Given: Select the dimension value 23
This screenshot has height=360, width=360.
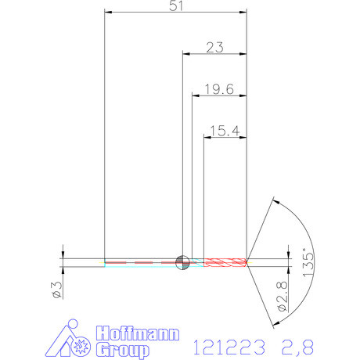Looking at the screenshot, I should (216, 46).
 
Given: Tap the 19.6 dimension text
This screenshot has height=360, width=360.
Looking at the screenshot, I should (218, 89).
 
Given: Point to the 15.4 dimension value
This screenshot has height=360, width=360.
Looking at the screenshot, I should (224, 131).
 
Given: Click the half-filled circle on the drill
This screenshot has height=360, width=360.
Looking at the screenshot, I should (182, 261).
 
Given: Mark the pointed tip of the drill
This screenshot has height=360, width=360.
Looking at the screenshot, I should (248, 261).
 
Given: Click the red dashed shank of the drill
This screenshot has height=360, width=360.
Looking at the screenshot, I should (141, 261).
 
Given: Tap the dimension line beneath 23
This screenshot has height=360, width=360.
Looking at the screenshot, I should (214, 54).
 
